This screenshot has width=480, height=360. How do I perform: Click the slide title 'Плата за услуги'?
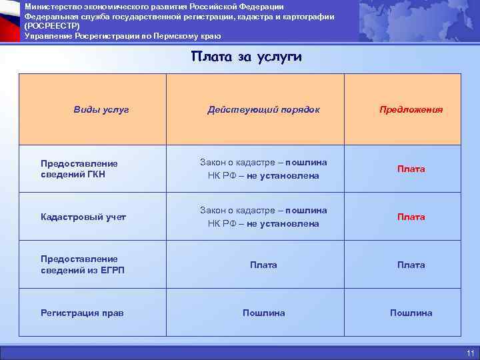[246, 57]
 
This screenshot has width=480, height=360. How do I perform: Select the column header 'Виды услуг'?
[101, 109]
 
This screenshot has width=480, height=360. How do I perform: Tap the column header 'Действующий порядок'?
[263, 109]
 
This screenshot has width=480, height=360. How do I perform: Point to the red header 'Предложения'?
[411, 109]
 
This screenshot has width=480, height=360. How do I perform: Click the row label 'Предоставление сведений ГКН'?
[79, 169]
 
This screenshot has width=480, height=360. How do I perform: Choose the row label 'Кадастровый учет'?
[83, 217]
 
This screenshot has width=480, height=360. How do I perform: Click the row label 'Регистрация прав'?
[82, 313]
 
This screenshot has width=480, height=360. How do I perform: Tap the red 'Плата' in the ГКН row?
[411, 169]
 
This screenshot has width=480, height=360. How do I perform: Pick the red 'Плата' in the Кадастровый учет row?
[411, 217]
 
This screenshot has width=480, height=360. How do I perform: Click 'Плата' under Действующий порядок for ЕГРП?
[263, 265]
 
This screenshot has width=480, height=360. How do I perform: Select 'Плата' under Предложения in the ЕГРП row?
[411, 265]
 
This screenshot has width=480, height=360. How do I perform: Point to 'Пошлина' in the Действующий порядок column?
[263, 313]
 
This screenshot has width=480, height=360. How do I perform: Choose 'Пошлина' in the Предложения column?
[411, 313]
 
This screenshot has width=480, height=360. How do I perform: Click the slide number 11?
[470, 353]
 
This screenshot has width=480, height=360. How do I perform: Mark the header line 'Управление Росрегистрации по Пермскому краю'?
[123, 35]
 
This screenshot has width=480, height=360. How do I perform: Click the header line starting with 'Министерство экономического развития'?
[154, 6]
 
